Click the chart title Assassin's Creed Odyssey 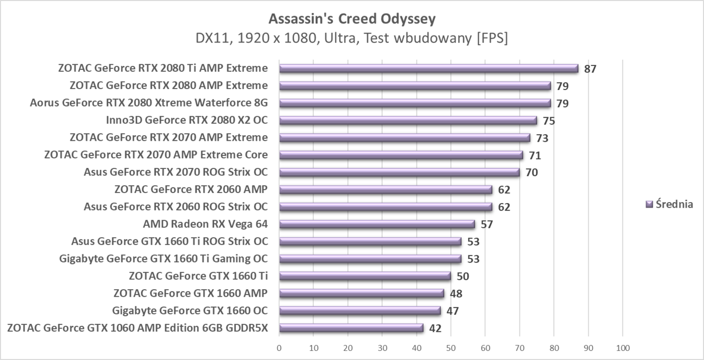click(352, 19)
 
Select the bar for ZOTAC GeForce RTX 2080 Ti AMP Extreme click(428, 69)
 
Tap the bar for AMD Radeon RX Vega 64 click(377, 224)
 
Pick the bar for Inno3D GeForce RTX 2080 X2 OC click(408, 121)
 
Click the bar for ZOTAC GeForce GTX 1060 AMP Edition click(351, 328)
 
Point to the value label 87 click(590, 69)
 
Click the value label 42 click(435, 329)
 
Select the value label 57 click(487, 225)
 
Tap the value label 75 click(549, 121)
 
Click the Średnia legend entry click(669, 204)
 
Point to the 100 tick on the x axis click(623, 348)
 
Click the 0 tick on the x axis click(279, 348)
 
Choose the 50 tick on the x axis click(451, 348)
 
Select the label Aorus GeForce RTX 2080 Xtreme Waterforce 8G click(149, 103)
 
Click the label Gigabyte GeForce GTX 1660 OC click(190, 310)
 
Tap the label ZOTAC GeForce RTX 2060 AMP click(191, 190)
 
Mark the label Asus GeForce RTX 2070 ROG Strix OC click(176, 172)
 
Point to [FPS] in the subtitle click(491, 38)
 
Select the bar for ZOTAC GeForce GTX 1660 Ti click(365, 276)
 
